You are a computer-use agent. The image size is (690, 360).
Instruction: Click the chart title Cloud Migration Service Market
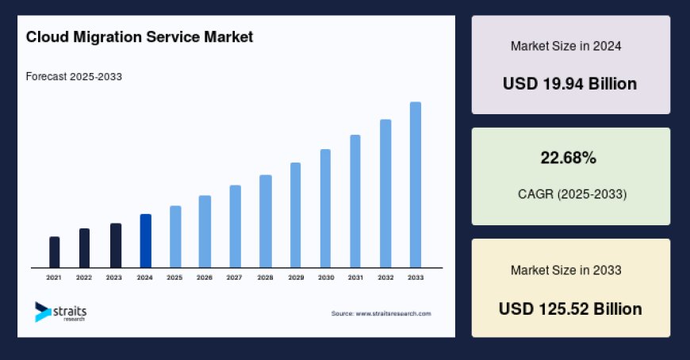point(140,37)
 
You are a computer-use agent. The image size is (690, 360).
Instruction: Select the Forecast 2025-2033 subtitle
point(74,77)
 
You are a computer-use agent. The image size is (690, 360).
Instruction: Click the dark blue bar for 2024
point(145,240)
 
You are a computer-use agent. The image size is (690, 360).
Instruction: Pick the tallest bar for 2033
point(415,184)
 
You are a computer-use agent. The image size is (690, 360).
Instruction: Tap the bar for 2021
point(55,251)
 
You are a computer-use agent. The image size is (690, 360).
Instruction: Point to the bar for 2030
point(325,208)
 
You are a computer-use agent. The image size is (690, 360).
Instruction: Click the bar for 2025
point(175,236)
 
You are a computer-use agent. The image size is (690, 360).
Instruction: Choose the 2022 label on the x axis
point(84,278)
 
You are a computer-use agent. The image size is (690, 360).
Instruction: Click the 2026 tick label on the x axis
point(205,278)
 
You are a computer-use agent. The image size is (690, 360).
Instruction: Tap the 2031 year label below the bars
point(355,278)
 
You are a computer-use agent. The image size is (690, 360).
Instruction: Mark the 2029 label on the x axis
point(295,278)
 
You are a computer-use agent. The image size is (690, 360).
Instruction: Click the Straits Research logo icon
point(42,312)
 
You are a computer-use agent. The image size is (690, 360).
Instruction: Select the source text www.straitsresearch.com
point(381,314)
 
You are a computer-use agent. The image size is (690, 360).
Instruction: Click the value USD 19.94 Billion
point(569,83)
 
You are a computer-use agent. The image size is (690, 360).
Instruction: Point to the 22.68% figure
point(569,159)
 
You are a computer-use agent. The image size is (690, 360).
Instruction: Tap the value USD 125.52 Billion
point(569,308)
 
